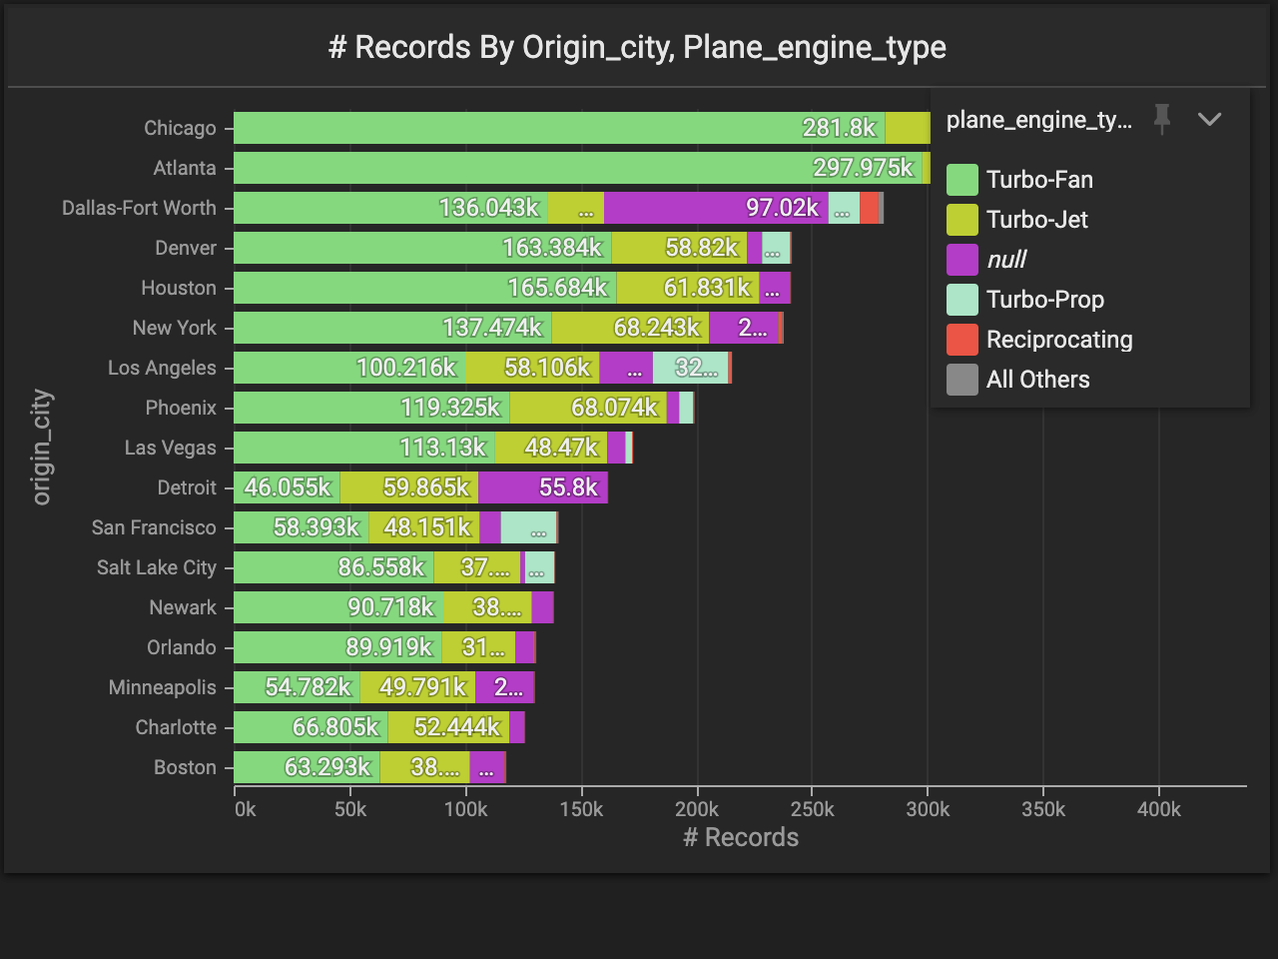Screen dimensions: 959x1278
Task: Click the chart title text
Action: click(637, 47)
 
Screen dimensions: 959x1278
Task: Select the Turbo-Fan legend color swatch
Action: click(961, 180)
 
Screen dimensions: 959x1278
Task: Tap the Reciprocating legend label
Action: click(1058, 340)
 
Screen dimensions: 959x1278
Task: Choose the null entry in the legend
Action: click(1005, 260)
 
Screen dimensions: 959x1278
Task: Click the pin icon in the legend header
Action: click(1161, 119)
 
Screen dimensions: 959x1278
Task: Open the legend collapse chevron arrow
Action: click(1209, 119)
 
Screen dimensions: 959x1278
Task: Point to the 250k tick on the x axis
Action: click(812, 809)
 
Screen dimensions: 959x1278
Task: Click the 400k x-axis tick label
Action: click(1158, 809)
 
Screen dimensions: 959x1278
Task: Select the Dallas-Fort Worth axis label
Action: click(139, 208)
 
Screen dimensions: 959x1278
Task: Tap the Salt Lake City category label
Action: click(156, 567)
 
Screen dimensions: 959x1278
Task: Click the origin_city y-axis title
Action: click(41, 447)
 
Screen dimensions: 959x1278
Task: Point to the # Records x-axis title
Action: click(741, 837)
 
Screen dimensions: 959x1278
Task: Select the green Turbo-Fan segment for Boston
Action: click(307, 767)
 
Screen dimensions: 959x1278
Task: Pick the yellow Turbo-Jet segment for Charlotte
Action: click(448, 727)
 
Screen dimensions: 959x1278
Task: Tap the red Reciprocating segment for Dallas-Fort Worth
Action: click(869, 208)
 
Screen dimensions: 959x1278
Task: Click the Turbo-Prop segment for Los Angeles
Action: click(690, 368)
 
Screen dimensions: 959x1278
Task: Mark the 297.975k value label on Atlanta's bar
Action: click(863, 168)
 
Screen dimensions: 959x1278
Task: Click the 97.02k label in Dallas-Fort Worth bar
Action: click(782, 208)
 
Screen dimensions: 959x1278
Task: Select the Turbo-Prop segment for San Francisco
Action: click(528, 527)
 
